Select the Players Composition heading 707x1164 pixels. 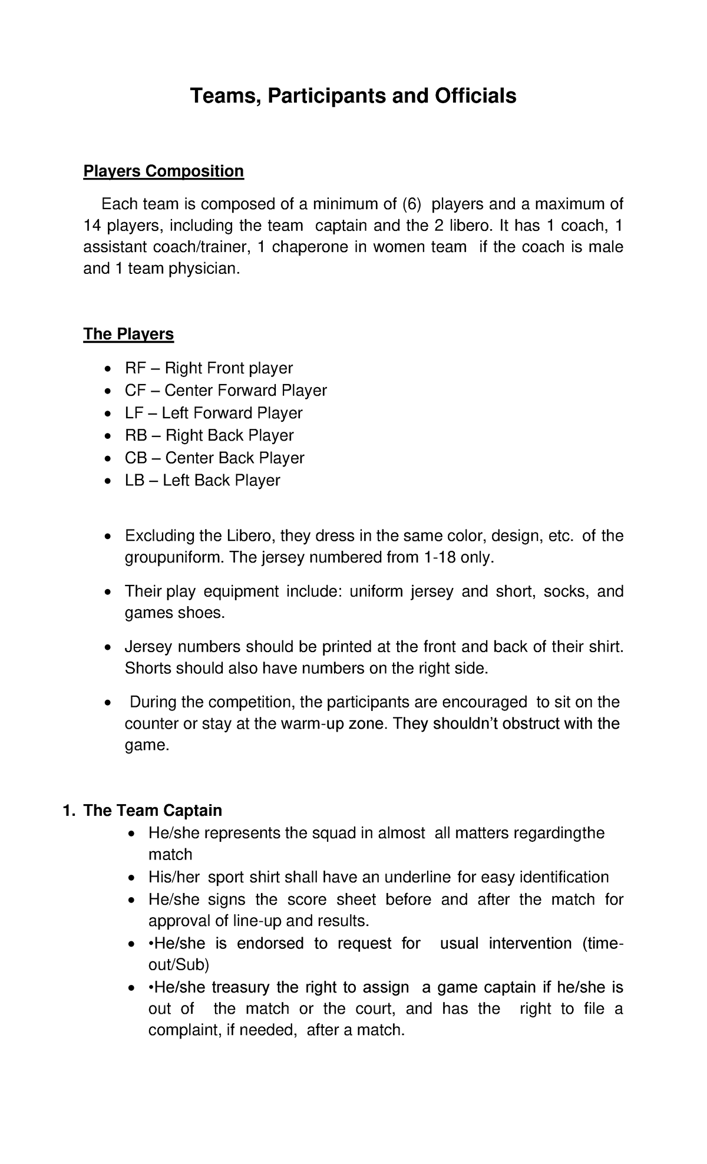[x=163, y=171]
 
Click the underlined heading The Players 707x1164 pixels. [x=128, y=335]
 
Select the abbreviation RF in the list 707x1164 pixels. [x=134, y=369]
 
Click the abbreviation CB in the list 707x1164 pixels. [x=135, y=458]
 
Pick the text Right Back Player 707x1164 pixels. [x=230, y=436]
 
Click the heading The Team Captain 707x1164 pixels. [x=153, y=811]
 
